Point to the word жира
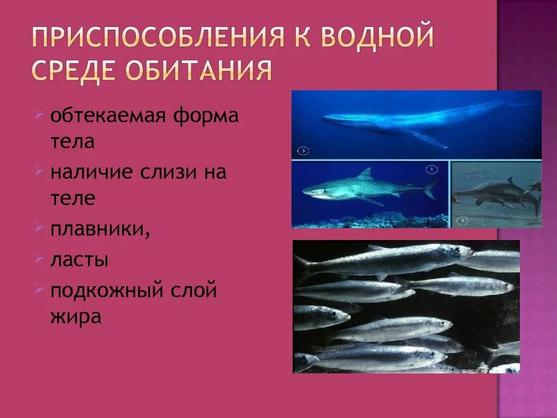click(x=76, y=316)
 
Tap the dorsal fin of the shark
click(x=366, y=174)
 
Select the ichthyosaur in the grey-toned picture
click(x=492, y=193)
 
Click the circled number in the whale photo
click(x=304, y=151)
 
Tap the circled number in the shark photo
click(x=432, y=169)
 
